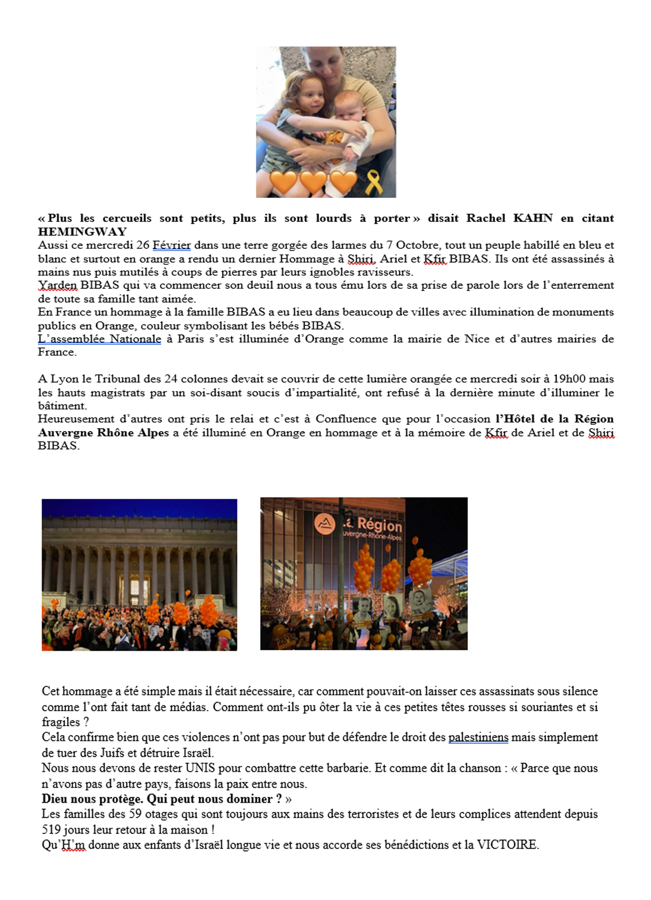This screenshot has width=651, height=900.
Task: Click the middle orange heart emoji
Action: click(313, 182)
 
